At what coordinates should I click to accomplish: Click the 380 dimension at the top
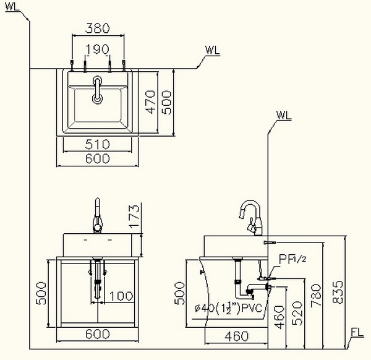[x=98, y=28]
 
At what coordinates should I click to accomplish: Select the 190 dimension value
[x=98, y=49]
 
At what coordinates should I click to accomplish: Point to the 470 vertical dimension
[x=151, y=102]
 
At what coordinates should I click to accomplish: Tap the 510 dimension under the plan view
[x=98, y=144]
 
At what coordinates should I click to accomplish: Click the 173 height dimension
[x=134, y=216]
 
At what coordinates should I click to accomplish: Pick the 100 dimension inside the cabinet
[x=121, y=296]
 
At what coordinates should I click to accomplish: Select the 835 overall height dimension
[x=338, y=292]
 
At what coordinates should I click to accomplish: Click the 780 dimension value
[x=317, y=296]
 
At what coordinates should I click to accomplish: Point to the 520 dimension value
[x=297, y=313]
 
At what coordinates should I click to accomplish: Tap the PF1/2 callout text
[x=292, y=259]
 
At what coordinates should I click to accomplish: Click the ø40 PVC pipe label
[x=229, y=308]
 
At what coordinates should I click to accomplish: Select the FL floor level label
[x=357, y=333]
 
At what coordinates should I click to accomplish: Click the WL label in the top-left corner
[x=12, y=7]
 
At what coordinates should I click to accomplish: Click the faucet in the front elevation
[x=98, y=215]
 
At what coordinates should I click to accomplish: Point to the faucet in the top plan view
[x=97, y=90]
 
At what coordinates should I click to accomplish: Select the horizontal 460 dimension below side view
[x=237, y=336]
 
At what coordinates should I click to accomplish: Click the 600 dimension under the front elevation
[x=98, y=334]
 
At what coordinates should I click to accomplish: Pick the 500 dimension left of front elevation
[x=41, y=293]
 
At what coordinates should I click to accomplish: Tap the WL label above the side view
[x=284, y=115]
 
